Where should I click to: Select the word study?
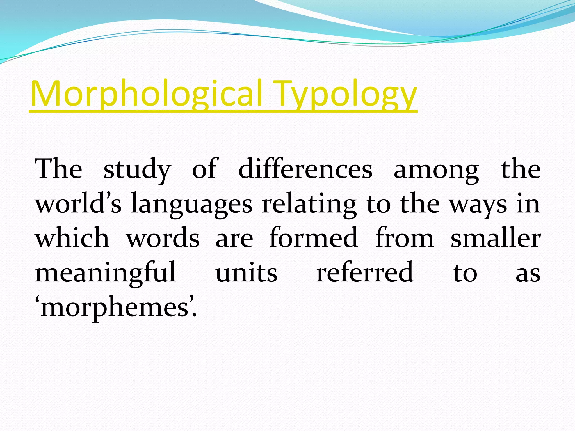pyautogui.click(x=137, y=169)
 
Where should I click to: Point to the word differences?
pyautogui.click(x=305, y=169)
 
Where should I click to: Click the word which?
pyautogui.click(x=72, y=238)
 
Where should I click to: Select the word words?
pyautogui.click(x=163, y=238)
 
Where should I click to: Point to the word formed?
pyautogui.click(x=313, y=238)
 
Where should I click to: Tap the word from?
pyautogui.click(x=405, y=238)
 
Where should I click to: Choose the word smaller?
pyautogui.click(x=495, y=238)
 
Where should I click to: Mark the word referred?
pyautogui.click(x=364, y=272)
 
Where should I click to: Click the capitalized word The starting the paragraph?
pyautogui.click(x=58, y=169)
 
